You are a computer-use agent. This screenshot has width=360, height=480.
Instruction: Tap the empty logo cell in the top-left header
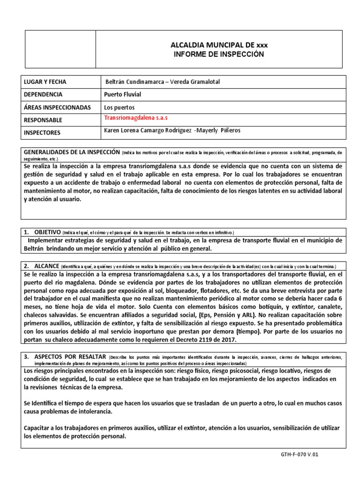click(x=59, y=49)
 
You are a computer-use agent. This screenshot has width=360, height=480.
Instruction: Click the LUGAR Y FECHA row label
click(x=45, y=82)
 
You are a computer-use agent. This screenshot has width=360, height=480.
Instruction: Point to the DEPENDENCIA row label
click(x=44, y=95)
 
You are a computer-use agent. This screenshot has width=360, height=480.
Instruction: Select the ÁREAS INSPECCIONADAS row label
click(x=57, y=107)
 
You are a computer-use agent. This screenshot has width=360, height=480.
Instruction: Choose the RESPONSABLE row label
click(x=43, y=120)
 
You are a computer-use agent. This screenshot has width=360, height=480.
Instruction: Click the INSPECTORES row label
click(x=42, y=133)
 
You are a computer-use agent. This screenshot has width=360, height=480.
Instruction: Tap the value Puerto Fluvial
click(x=122, y=95)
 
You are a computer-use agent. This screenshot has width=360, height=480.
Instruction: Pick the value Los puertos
click(x=120, y=107)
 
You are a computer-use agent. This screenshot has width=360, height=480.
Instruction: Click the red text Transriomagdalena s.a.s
click(x=135, y=117)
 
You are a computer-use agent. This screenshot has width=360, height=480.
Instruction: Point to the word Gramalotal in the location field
click(x=203, y=82)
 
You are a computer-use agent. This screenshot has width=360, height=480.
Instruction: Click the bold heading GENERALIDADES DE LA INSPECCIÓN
click(x=72, y=152)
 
